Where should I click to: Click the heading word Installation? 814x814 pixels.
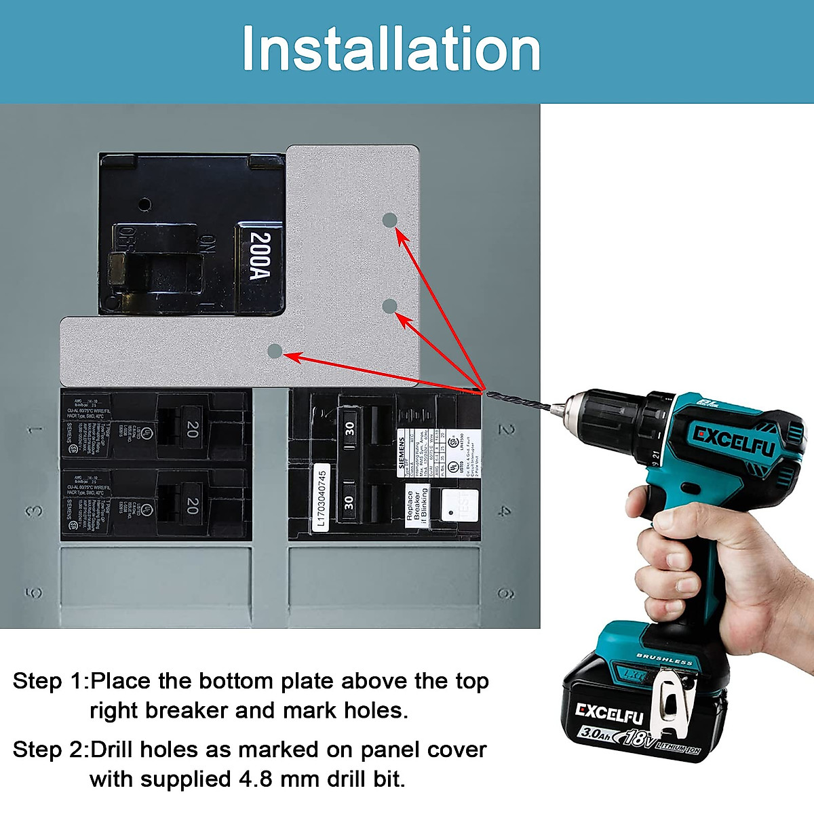[x=391, y=49]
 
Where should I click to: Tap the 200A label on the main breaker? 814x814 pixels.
[x=260, y=256]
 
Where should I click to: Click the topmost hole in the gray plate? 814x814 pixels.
[x=389, y=220]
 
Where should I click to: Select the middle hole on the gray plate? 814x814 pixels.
[x=389, y=306]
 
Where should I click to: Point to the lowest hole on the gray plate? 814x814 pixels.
[x=275, y=351]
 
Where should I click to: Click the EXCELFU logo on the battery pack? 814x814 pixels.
[x=608, y=713]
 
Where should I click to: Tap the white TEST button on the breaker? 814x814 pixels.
[x=459, y=504]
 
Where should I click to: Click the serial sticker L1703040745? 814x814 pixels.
[x=322, y=498]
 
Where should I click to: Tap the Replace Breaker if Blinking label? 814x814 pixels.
[x=417, y=505]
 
